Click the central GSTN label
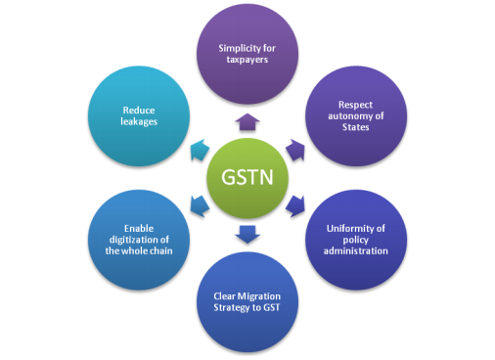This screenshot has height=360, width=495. tap(247, 177)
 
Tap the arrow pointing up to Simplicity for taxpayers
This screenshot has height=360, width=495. tap(247, 122)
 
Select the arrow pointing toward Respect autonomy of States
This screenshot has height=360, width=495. tap(295, 150)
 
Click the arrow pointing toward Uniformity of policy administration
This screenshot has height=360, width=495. tap(295, 205)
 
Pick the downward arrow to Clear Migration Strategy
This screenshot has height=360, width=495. tap(247, 234)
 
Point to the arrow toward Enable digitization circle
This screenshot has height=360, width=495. tap(200, 205)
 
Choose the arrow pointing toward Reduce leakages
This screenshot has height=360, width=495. tap(200, 150)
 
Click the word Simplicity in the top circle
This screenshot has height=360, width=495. tap(235, 49)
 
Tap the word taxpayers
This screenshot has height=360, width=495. tap(247, 60)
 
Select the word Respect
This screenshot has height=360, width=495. tap(355, 105)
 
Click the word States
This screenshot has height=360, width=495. tap(356, 127)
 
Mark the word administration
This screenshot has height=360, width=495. tap(356, 250)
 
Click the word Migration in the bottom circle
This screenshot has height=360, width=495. tap(259, 296)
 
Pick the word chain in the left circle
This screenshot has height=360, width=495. tap(161, 250)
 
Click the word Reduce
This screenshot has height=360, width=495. tap(139, 111)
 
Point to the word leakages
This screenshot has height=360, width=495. tap(139, 121)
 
